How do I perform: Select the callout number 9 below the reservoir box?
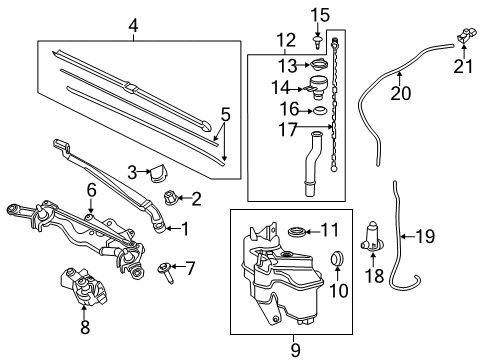294,350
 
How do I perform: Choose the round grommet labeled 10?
338,261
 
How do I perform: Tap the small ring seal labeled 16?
321,110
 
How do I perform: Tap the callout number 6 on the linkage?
91,188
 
